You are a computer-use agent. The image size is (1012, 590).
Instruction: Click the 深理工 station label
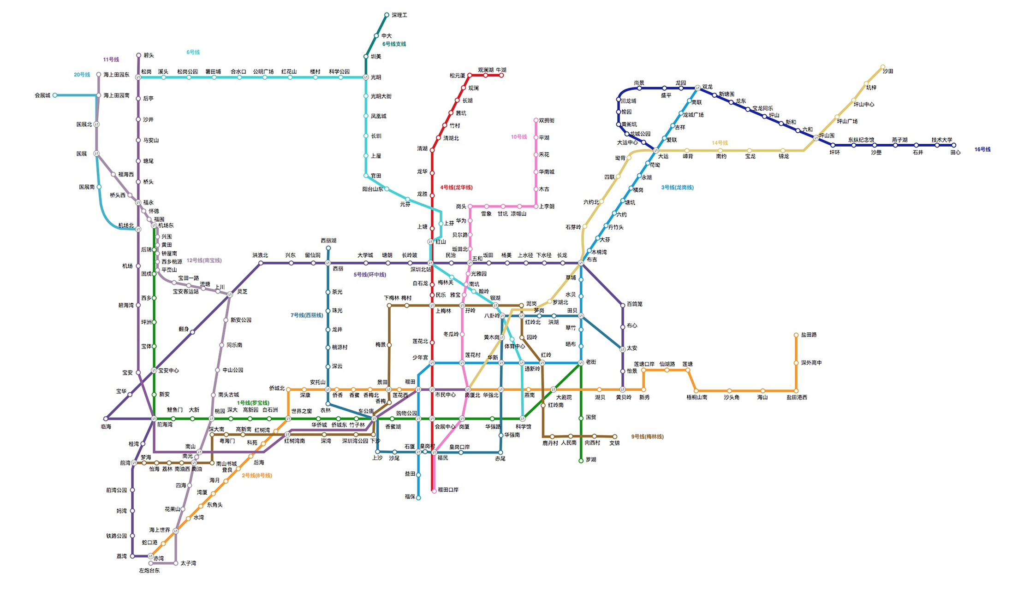click(399, 15)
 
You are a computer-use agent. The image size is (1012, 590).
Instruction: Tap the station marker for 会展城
click(55, 95)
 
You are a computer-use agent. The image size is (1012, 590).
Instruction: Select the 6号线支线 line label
click(394, 44)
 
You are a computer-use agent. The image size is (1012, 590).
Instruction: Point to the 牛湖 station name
click(501, 70)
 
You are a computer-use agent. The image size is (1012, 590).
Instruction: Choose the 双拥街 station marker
click(536, 120)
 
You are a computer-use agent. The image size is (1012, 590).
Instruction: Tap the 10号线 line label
click(518, 137)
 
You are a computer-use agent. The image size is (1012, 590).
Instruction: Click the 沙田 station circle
click(883, 67)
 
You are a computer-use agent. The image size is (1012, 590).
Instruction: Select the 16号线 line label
click(982, 149)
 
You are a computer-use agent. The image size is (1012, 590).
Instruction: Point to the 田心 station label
click(955, 153)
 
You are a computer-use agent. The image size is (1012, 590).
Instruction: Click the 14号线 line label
click(720, 143)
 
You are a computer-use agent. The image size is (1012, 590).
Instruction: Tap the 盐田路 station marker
click(796, 335)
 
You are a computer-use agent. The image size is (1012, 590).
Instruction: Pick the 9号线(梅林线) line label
click(647, 437)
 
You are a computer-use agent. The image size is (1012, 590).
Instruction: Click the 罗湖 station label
click(591, 460)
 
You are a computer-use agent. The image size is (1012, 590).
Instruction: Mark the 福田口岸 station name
click(448, 490)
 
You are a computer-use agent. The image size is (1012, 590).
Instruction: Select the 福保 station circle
click(418, 498)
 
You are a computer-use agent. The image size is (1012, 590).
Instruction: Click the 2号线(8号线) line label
click(256, 476)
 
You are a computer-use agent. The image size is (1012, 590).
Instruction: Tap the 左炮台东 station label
click(149, 571)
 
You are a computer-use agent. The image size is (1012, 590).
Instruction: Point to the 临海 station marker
click(106, 419)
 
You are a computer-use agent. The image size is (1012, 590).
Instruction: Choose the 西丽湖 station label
click(328, 241)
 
